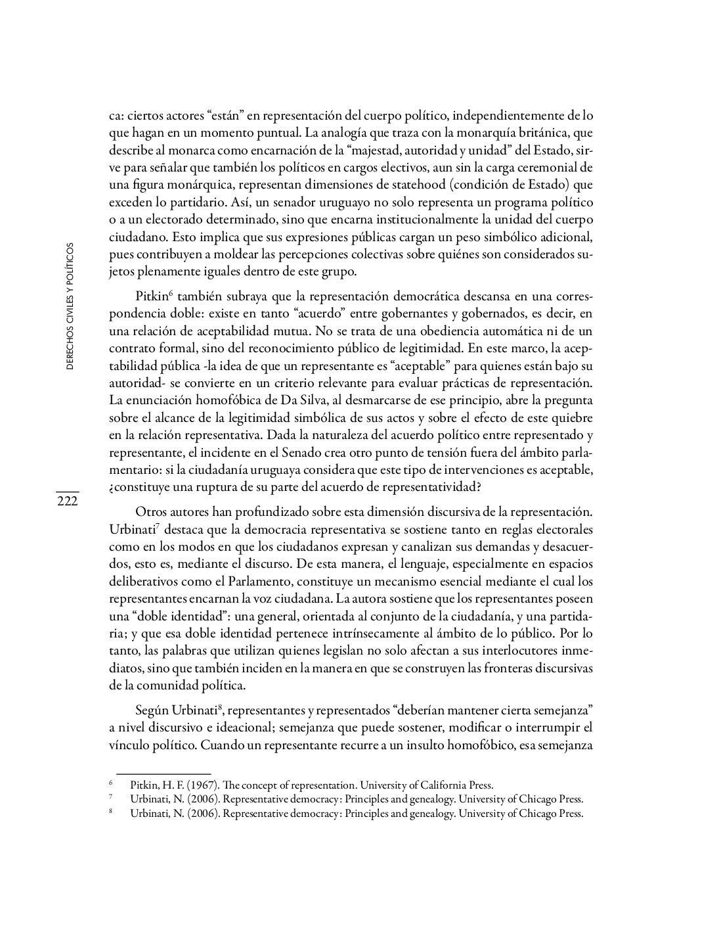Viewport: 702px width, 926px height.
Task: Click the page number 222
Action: [x=67, y=501]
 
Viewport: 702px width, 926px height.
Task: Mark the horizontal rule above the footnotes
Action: [x=164, y=774]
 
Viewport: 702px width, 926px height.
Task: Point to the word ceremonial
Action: [x=548, y=168]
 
